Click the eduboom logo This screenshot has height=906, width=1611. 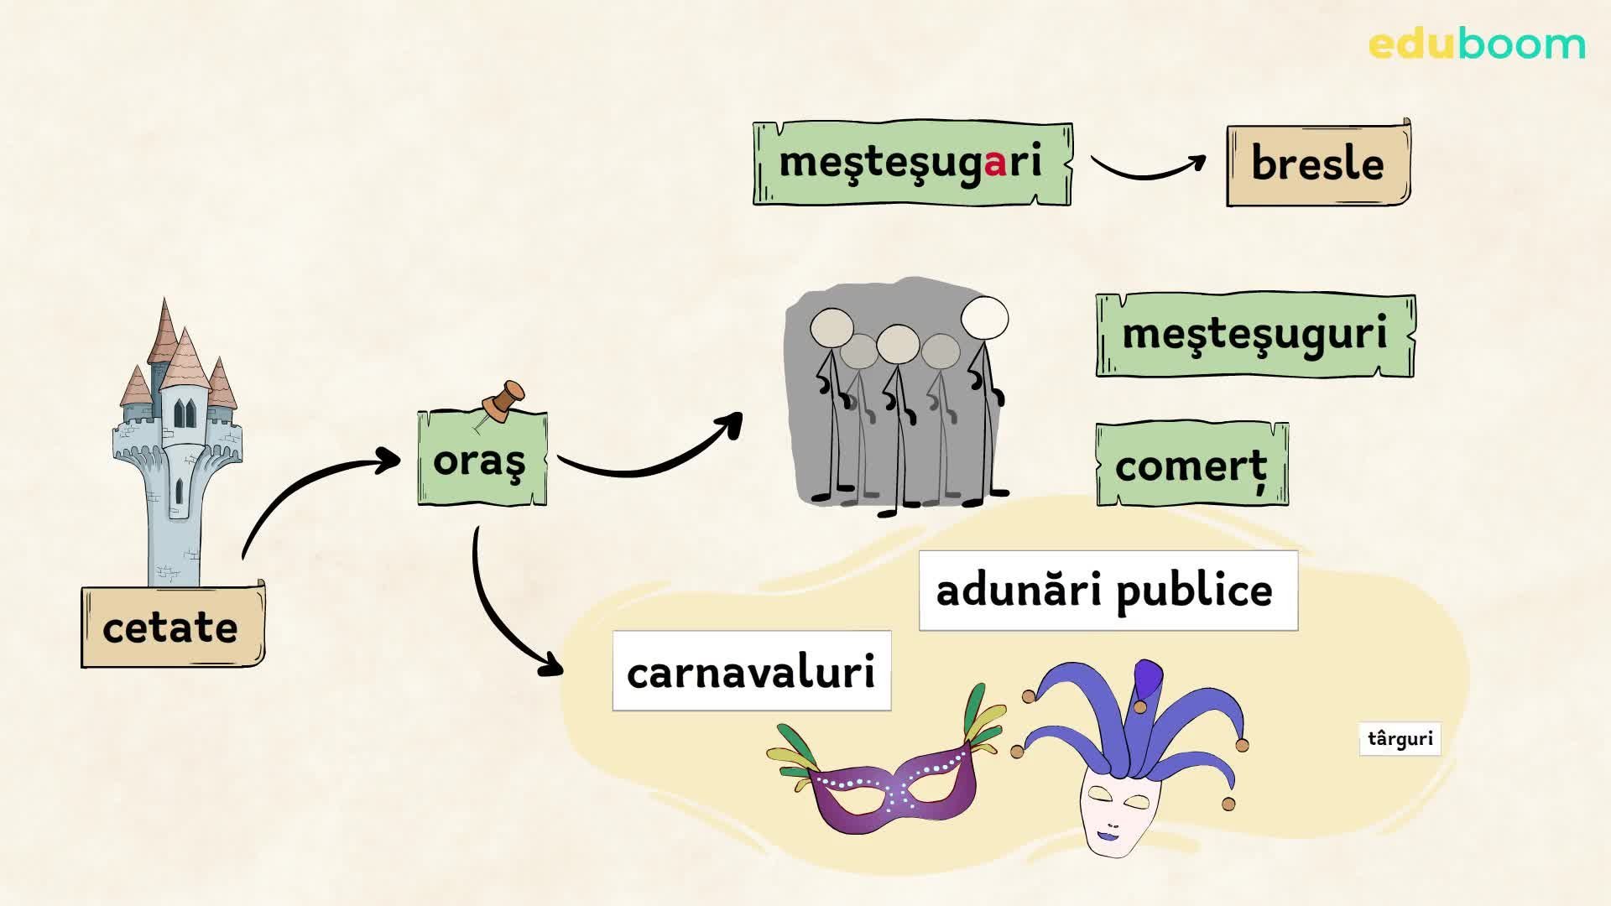(x=1477, y=44)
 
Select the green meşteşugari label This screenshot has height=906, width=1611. (x=912, y=163)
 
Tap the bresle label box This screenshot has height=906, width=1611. (x=1318, y=164)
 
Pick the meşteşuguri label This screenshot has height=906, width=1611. (x=1254, y=335)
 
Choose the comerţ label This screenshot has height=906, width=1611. (x=1191, y=465)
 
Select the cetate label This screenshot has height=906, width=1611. (x=172, y=627)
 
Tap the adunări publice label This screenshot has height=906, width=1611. (x=1108, y=591)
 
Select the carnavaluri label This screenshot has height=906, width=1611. (x=751, y=671)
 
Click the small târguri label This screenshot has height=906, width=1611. (x=1400, y=739)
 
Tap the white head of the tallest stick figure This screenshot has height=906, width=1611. (x=984, y=317)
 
